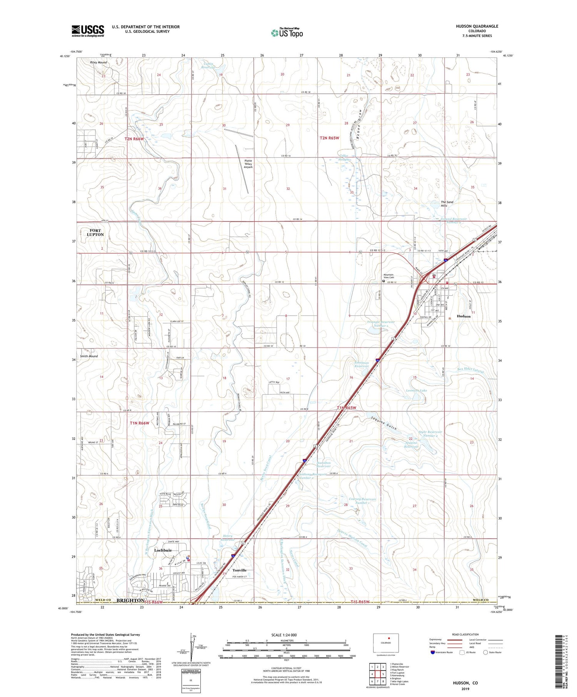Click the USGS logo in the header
[88, 31]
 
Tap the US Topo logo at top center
[287, 33]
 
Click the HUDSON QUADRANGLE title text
[477, 26]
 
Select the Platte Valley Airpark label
[248, 164]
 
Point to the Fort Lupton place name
[95, 232]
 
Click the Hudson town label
[463, 316]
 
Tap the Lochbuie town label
[163, 550]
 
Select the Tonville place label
[239, 570]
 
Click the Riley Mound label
[98, 62]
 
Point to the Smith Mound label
[89, 356]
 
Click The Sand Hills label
[447, 204]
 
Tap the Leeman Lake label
[416, 390]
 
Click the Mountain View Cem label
[389, 276]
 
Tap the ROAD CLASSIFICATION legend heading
[465, 634]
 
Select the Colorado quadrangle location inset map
[385, 643]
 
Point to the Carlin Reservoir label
[209, 65]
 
